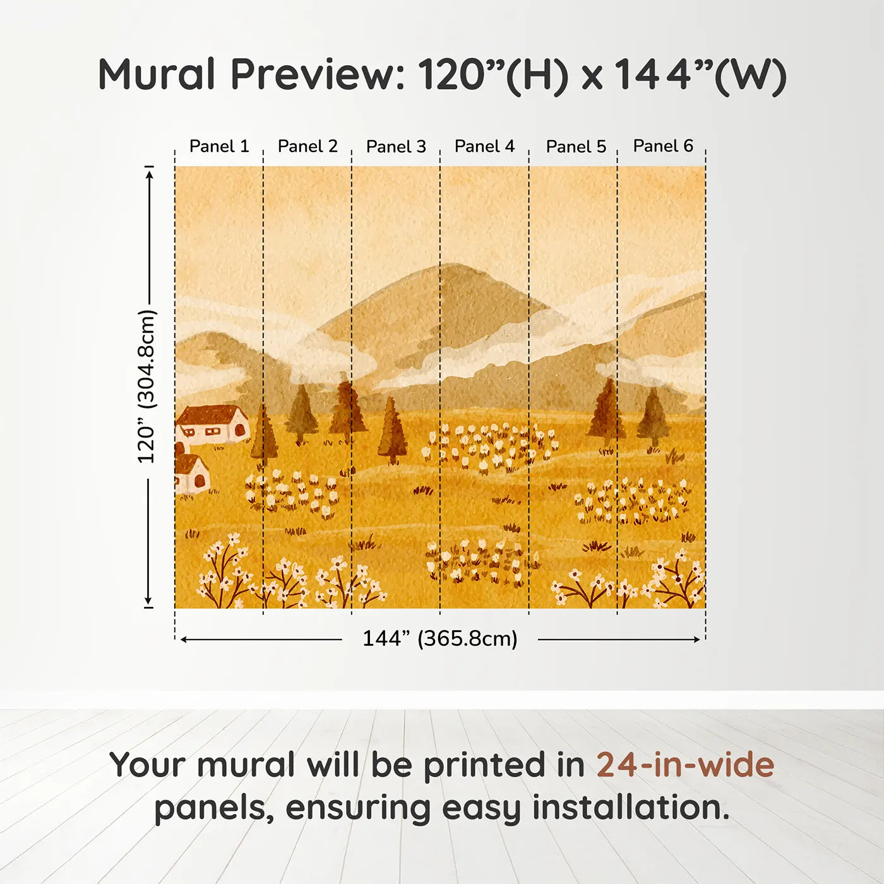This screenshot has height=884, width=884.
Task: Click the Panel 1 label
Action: coord(219,146)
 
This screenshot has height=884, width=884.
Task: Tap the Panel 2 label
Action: coord(308,146)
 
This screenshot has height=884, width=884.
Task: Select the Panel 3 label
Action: coord(396,146)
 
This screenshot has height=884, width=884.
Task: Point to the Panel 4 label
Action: coord(484,146)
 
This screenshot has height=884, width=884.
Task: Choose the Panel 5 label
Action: coord(576,146)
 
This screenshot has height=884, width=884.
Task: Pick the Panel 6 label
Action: coord(663,146)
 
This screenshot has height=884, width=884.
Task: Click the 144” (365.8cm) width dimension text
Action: coord(440,638)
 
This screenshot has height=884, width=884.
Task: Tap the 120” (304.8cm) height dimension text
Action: coord(146,386)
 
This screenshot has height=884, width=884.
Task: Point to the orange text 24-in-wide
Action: coord(685,765)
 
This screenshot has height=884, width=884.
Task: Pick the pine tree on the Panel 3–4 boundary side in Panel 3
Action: coord(392,431)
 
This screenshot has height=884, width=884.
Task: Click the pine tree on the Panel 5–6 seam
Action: coord(606,410)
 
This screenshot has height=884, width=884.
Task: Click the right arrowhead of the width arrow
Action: coord(697,640)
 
